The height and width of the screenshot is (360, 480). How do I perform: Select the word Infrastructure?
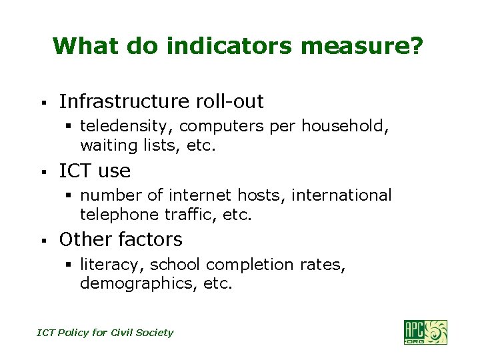point(125,101)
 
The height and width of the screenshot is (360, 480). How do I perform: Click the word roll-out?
point(229,101)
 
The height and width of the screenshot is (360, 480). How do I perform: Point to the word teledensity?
point(126,126)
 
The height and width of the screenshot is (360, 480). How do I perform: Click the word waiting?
point(105,145)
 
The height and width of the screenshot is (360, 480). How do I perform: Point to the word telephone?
point(114,214)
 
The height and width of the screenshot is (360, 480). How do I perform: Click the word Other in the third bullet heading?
point(79,239)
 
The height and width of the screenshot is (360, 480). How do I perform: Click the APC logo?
point(425,331)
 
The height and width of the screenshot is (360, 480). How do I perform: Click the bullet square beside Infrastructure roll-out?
point(42,103)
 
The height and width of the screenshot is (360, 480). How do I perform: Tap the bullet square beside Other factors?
point(42,241)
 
